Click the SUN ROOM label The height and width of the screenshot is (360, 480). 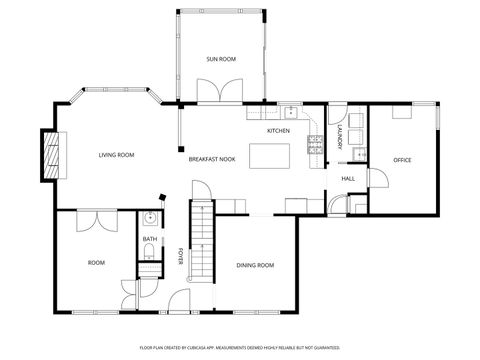click(221, 60)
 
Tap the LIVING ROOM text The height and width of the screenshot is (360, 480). click(116, 155)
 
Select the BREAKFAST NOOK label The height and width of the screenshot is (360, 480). click(212, 159)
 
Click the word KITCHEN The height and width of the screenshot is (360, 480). click(278, 132)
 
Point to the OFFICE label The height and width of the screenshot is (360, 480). click(402, 160)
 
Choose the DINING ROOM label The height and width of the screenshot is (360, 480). click(255, 265)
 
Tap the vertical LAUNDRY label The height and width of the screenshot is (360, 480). click(340, 138)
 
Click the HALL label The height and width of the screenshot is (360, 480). click(348, 179)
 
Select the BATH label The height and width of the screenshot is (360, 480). click(149, 239)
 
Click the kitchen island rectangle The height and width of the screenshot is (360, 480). click(269, 156)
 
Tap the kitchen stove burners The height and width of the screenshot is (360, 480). click(315, 145)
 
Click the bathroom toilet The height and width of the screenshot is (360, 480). click(147, 257)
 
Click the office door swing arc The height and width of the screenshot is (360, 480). click(377, 180)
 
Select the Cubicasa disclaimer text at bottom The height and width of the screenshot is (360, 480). click(240, 347)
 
